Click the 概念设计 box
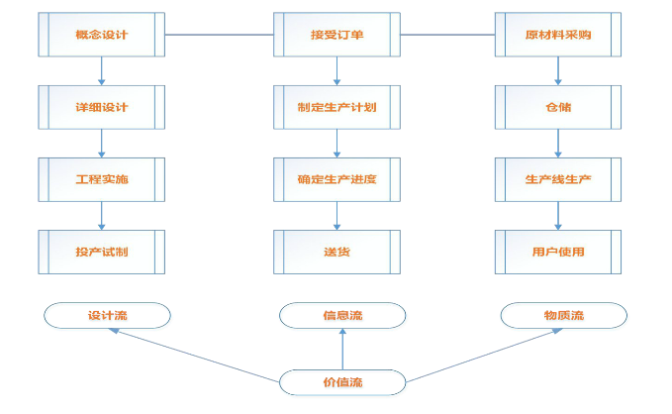102,35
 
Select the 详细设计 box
102,107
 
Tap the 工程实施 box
102,179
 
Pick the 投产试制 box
102,252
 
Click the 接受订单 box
337,35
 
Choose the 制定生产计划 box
337,107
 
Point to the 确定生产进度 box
337,179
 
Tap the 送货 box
337,252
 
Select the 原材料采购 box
558,35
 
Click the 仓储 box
558,107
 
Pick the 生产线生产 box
558,179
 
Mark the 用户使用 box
558,252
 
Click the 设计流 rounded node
107,316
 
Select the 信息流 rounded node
342,316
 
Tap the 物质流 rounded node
563,316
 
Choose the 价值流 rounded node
342,381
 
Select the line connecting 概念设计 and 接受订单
220,35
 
